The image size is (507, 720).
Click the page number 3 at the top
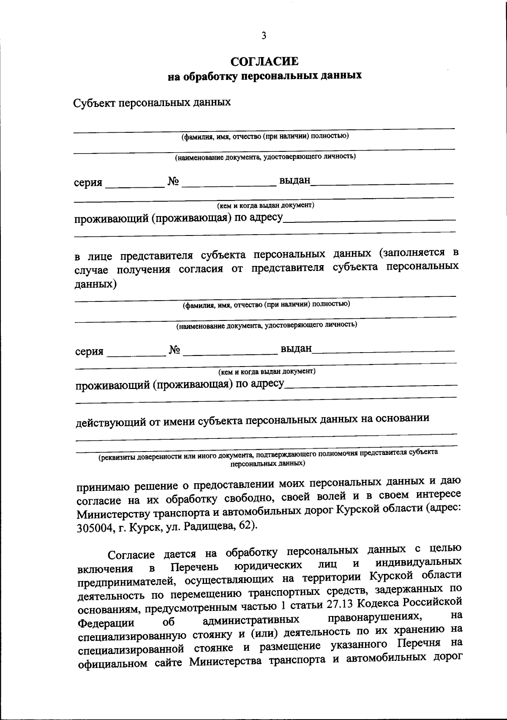click(x=264, y=36)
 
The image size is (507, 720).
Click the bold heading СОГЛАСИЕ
click(x=264, y=62)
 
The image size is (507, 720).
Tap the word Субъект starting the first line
click(x=93, y=103)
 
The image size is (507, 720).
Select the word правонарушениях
click(x=372, y=618)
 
